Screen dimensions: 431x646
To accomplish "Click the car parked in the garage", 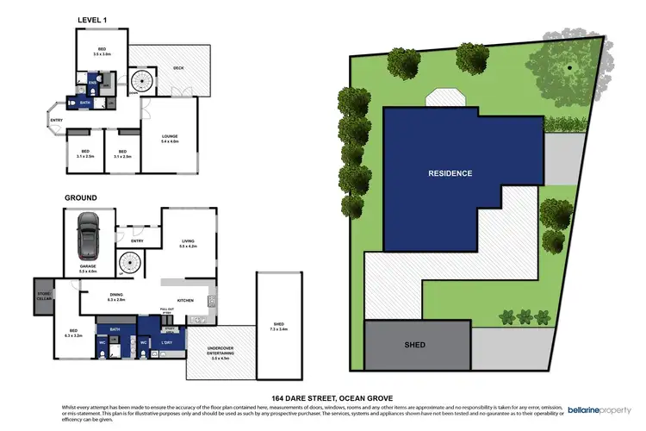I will point(89,236).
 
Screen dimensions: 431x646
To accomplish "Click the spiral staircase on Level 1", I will point(141,82).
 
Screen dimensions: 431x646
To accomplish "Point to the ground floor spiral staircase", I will point(129,261).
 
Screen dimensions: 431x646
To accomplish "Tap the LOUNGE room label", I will point(170,136).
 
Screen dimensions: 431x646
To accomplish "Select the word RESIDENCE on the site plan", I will point(450,173).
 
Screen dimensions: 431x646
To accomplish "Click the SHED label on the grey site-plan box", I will point(415,345).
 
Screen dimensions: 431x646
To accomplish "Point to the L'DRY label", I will point(168,344).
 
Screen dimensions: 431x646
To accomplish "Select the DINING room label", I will point(116,297).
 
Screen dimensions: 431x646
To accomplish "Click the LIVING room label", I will point(189,242).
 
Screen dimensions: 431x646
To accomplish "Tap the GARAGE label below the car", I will point(88,268).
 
